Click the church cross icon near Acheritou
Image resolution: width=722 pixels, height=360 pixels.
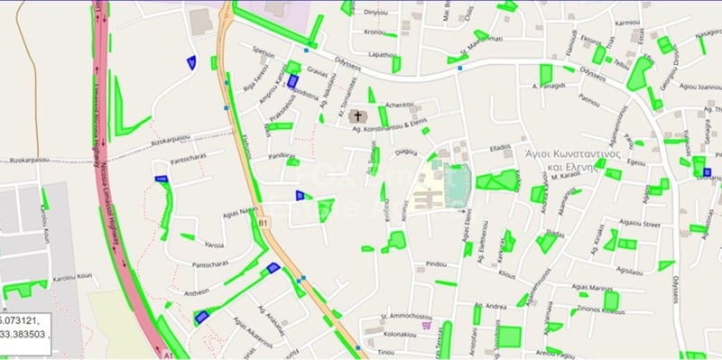358,116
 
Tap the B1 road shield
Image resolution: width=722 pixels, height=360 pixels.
264,222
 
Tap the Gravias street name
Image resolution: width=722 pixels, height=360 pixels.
317,69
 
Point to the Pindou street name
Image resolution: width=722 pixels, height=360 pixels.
437,263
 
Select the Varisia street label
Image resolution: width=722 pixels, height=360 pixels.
214,245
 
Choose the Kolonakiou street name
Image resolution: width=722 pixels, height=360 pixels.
398,334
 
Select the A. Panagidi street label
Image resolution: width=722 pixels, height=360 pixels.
548,86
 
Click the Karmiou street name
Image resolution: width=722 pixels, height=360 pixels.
627,22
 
